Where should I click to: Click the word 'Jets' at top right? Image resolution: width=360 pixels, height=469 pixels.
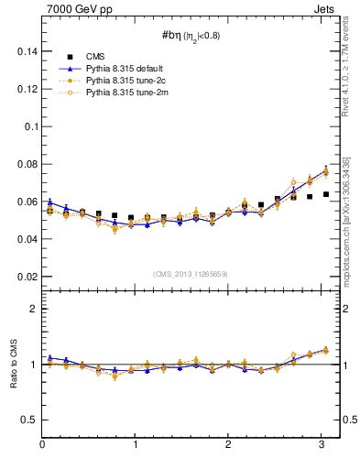coord(324,9)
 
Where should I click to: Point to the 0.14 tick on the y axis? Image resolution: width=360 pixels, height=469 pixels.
coord(25,52)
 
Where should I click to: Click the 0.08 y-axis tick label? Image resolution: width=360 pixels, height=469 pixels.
coord(25,164)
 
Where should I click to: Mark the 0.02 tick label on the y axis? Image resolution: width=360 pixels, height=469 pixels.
coord(25,276)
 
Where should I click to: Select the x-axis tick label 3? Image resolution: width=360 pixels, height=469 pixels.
coord(322,445)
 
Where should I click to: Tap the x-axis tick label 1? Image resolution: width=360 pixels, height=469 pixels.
coord(136,445)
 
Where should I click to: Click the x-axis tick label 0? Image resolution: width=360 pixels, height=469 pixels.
coord(42,445)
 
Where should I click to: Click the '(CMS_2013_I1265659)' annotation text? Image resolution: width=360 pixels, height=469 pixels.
coord(191,274)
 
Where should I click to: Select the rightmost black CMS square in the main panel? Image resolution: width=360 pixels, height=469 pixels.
coord(325,194)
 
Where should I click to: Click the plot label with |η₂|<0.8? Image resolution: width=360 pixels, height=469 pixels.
coord(191,36)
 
